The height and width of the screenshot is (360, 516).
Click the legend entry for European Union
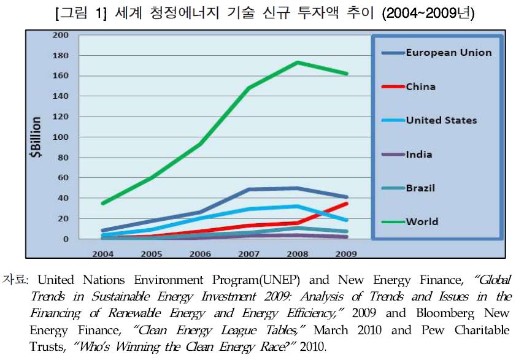pos(449,53)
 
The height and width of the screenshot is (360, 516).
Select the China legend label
pos(421,86)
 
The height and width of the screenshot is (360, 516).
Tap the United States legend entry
pos(441,120)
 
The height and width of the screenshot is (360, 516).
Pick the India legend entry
pos(419,154)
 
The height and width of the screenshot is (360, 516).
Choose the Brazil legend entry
pos(420,188)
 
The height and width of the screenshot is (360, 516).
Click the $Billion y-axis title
pos(37,137)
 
